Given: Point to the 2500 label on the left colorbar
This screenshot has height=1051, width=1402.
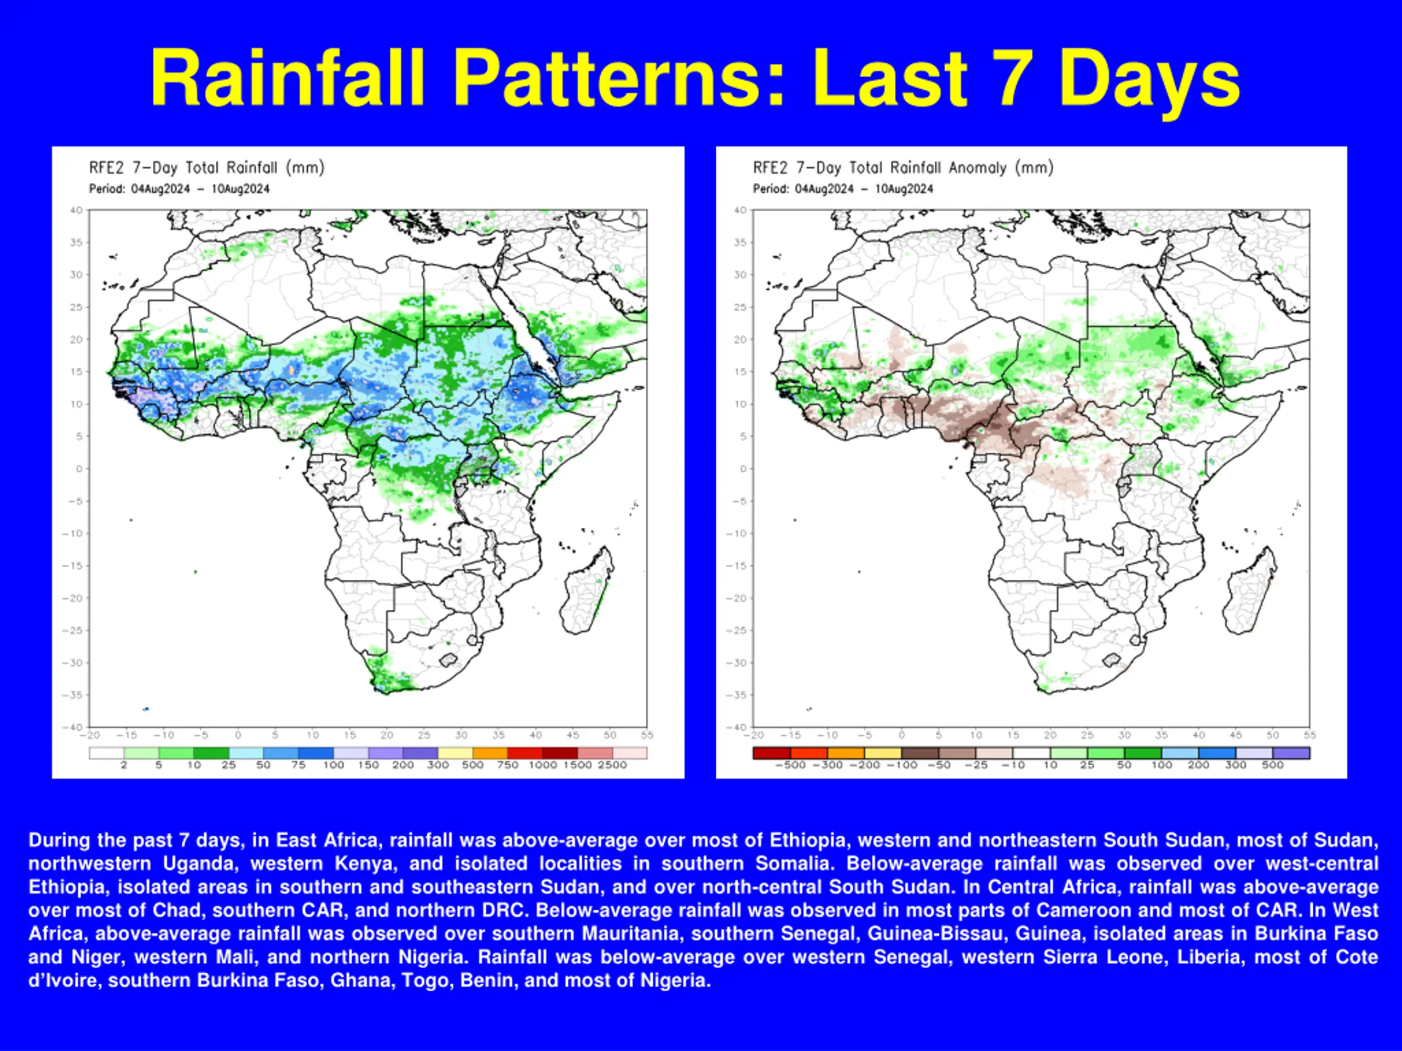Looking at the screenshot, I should point(612,765).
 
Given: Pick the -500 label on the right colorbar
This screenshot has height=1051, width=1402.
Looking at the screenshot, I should point(790,765).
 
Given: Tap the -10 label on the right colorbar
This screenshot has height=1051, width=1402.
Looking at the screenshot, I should point(1013,765).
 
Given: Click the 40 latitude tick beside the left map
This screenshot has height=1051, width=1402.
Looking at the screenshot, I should point(76,210).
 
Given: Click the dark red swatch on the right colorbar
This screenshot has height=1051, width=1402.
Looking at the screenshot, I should point(771,753).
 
